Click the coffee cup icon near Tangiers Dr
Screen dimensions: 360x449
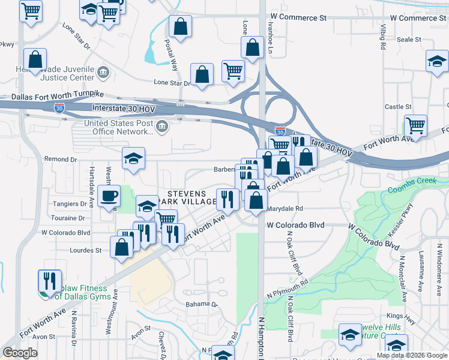pyautogui.click(x=109, y=196)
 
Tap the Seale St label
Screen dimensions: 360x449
pyautogui.click(x=409, y=39)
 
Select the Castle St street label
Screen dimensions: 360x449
pyautogui.click(x=398, y=107)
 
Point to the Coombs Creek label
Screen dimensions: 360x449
pyautogui.click(x=414, y=189)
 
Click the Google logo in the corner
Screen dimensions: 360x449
pyautogui.click(x=20, y=352)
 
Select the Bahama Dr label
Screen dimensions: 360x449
pyautogui.click(x=201, y=304)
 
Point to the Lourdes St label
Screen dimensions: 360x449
pyautogui.click(x=85, y=250)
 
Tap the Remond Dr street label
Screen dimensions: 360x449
pyautogui.click(x=61, y=160)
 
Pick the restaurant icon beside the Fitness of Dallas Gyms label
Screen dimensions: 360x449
pyautogui.click(x=50, y=281)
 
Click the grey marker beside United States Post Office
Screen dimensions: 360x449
pyautogui.click(x=161, y=127)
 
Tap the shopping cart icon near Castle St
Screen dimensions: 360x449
pyautogui.click(x=415, y=126)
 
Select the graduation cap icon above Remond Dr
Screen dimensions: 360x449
pyautogui.click(x=134, y=158)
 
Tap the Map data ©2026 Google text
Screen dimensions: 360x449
pyautogui.click(x=412, y=355)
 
